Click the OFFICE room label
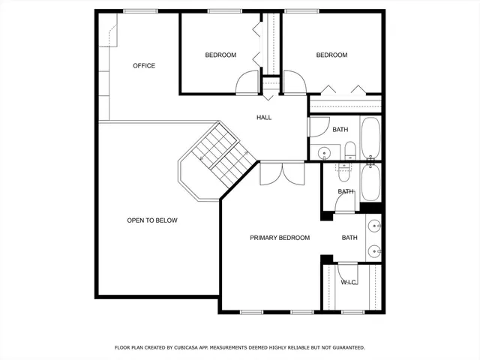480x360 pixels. click(144, 66)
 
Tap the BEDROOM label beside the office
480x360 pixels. click(220, 55)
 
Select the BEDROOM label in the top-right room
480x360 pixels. click(331, 55)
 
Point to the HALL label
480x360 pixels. click(264, 118)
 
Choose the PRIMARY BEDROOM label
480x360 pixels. click(279, 238)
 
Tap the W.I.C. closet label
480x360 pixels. click(349, 282)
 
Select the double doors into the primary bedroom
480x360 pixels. click(271, 173)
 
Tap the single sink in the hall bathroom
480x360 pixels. click(324, 153)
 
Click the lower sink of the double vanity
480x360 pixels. click(373, 250)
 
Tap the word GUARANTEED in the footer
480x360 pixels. click(346, 348)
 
